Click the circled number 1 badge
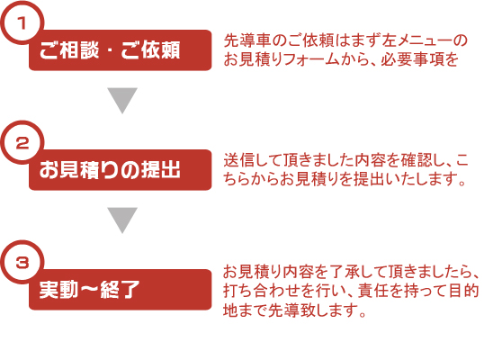click(x=22, y=23)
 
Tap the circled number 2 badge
click(x=22, y=142)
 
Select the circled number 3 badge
click(x=22, y=263)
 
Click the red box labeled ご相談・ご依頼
click(x=120, y=50)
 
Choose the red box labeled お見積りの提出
click(x=120, y=170)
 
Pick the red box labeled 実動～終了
click(x=120, y=290)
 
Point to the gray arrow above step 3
click(x=122, y=220)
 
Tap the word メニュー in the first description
click(x=422, y=40)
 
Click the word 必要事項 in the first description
click(x=411, y=59)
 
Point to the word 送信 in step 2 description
click(x=240, y=160)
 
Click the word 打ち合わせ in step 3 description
click(x=262, y=291)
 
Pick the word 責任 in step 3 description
click(x=372, y=291)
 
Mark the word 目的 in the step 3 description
click(x=463, y=291)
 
